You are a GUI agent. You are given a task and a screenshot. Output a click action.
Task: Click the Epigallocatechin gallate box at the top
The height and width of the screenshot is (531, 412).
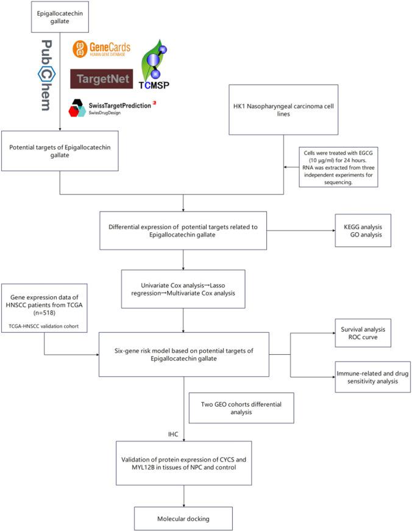tap(60, 16)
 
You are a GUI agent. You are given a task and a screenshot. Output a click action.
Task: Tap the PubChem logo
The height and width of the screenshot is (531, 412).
tap(46, 76)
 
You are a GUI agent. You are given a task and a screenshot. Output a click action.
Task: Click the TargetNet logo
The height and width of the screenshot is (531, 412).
tap(100, 79)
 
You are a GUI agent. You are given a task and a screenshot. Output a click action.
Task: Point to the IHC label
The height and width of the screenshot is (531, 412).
tap(174, 435)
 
